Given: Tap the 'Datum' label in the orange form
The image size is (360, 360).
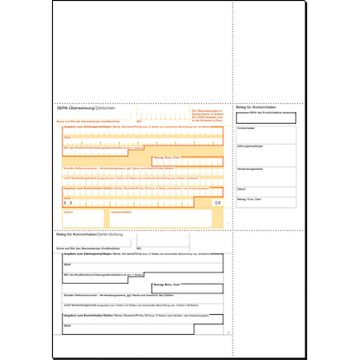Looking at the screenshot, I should pyautogui.click(x=70, y=210).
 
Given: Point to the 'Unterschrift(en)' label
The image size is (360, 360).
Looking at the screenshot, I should pyautogui.click(x=120, y=210).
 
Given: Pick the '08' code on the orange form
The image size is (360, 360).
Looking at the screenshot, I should pyautogui.click(x=216, y=201).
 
